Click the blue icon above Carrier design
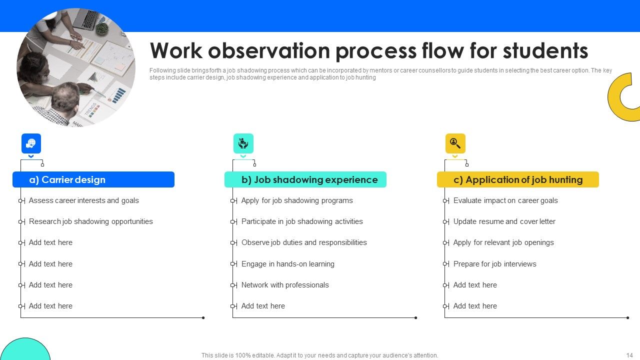click(x=31, y=143)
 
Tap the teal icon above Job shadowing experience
click(x=243, y=143)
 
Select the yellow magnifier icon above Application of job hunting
click(x=455, y=143)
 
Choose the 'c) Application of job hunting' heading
click(x=518, y=179)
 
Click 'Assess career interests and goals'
click(x=83, y=200)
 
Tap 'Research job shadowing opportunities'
click(x=90, y=221)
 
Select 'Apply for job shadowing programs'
click(x=297, y=200)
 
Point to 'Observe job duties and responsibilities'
click(x=304, y=242)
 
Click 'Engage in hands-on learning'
click(x=287, y=264)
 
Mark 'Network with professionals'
click(x=285, y=285)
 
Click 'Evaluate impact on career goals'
click(x=505, y=200)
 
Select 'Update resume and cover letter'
click(x=504, y=221)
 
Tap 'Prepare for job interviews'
click(x=494, y=264)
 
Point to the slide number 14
click(x=629, y=355)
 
